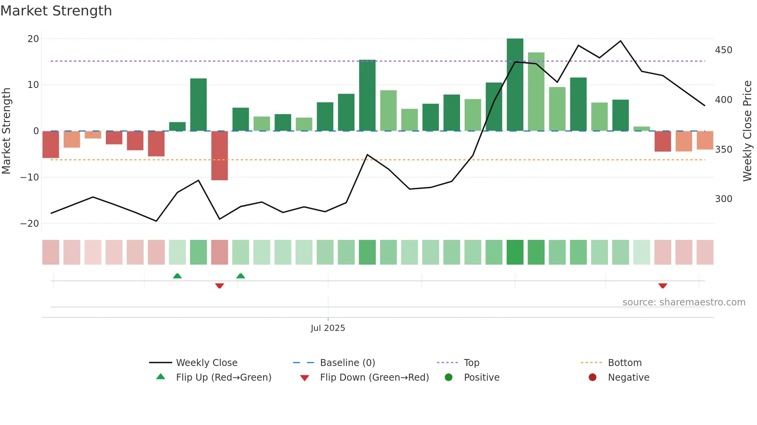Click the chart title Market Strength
[56, 11]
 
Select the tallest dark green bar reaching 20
[515, 85]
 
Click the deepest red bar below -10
[219, 155]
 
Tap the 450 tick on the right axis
[723, 50]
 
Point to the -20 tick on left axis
[30, 224]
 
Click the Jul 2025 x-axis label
[328, 328]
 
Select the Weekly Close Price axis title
[747, 131]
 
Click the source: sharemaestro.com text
[684, 302]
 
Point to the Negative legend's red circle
[592, 378]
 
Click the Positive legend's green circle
[448, 378]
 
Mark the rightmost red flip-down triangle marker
[663, 286]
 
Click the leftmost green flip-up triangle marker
[177, 276]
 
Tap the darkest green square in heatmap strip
[515, 252]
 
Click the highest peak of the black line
[621, 41]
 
